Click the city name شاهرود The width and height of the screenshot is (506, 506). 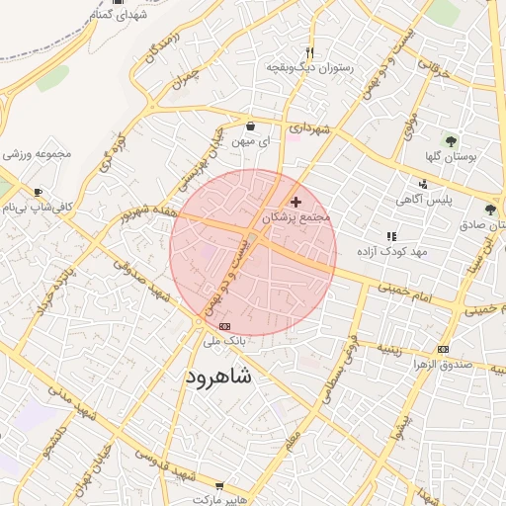click(218, 379)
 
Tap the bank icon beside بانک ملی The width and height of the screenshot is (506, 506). click(224, 325)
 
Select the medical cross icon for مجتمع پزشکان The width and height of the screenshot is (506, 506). click(295, 202)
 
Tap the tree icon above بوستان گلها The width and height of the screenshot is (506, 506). click(451, 141)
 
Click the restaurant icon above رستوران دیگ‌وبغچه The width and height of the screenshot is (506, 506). click(310, 52)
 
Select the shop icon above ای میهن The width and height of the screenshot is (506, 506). click(251, 126)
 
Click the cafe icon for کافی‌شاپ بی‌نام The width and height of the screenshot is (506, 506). click(38, 193)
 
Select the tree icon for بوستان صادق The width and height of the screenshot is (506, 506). click(491, 210)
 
